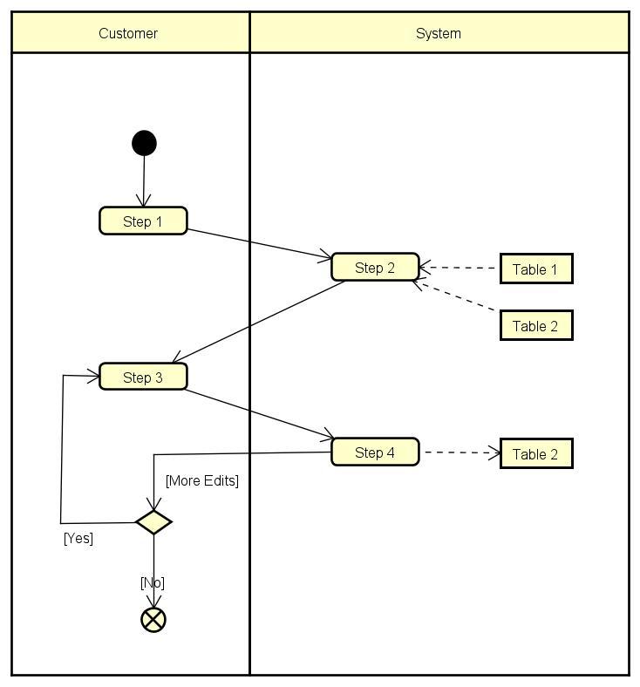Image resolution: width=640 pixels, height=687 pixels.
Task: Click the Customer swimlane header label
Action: point(128,33)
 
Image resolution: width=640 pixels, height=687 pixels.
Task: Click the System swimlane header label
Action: point(438,33)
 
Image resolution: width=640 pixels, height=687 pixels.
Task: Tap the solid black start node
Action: point(144,143)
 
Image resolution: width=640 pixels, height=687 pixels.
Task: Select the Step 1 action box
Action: point(143,221)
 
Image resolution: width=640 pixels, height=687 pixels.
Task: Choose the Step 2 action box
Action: point(375,268)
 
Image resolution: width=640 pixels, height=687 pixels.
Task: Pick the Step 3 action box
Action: point(143,377)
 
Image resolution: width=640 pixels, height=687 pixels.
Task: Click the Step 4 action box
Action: point(375,452)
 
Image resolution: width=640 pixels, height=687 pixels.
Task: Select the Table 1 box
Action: point(535,269)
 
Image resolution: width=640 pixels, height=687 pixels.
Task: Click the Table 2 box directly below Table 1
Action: point(535,326)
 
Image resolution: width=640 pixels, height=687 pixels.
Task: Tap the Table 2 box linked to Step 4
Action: point(535,454)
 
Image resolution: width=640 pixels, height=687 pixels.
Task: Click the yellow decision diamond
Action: point(153,522)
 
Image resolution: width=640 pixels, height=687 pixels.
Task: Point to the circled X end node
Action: point(153,620)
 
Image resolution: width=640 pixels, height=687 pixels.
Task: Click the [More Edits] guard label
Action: point(201,480)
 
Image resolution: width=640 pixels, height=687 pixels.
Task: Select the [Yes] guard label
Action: point(78,538)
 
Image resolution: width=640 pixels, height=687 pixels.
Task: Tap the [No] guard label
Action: point(153,582)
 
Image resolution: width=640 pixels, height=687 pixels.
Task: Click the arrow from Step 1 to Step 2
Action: point(259,243)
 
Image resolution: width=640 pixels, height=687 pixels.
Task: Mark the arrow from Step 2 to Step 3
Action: point(260,322)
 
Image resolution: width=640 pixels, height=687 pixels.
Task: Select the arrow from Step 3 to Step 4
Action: point(259,412)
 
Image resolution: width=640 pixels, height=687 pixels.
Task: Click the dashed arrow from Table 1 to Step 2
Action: point(460,269)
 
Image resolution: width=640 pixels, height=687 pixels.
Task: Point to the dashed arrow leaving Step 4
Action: point(460,452)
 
